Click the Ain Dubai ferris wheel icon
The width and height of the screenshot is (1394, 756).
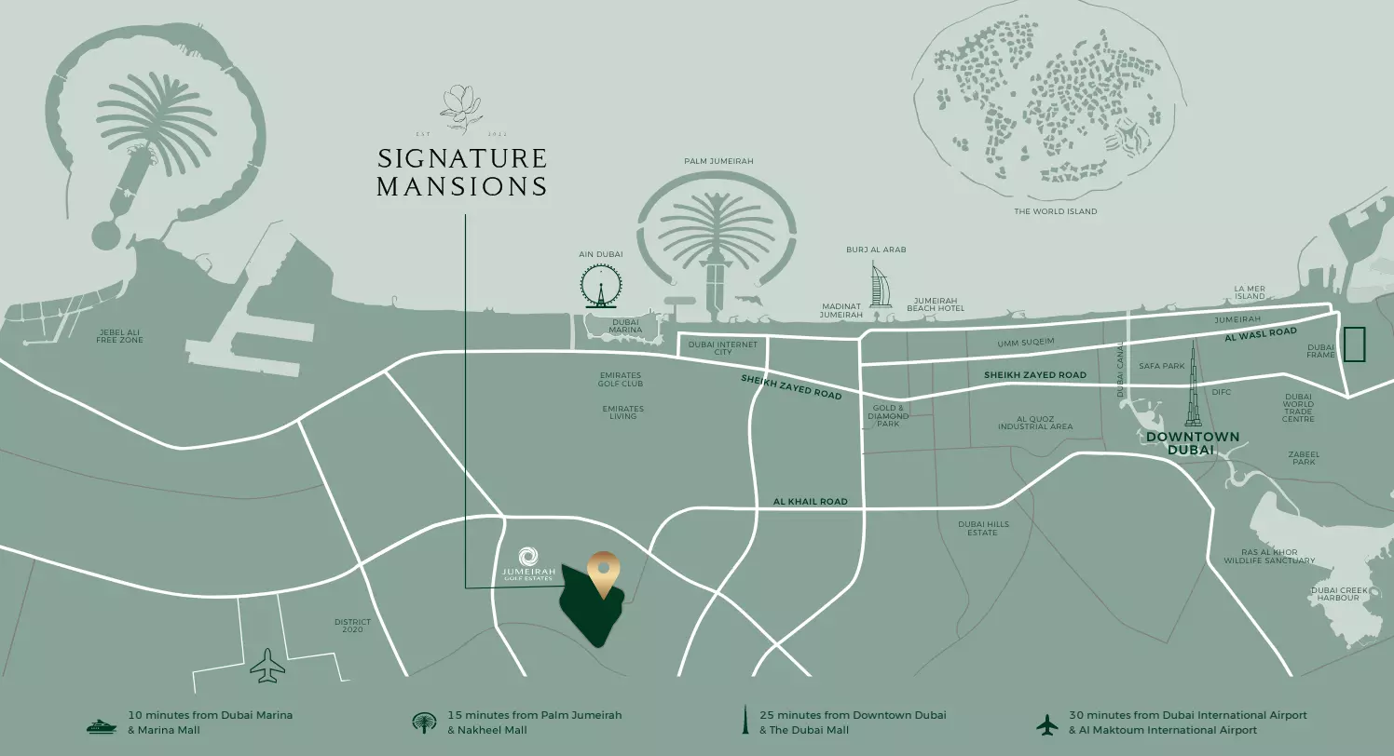pyautogui.click(x=601, y=285)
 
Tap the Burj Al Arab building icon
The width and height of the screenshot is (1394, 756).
pyautogui.click(x=881, y=285)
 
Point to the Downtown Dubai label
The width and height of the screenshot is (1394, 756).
pyautogui.click(x=1193, y=443)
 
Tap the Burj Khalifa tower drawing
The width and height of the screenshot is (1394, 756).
pyautogui.click(x=1193, y=397)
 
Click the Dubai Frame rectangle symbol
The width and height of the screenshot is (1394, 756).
pyautogui.click(x=1353, y=344)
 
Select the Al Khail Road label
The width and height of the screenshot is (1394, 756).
pyautogui.click(x=810, y=502)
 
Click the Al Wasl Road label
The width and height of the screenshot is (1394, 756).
pyautogui.click(x=1260, y=332)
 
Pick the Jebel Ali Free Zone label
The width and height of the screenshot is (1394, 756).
pyautogui.click(x=119, y=336)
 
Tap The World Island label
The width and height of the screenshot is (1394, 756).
pyautogui.click(x=1055, y=211)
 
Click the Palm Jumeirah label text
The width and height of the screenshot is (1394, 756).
pyautogui.click(x=718, y=161)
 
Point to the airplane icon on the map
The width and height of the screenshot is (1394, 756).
pyautogui.click(x=268, y=666)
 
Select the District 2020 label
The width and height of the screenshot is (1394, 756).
pyautogui.click(x=352, y=626)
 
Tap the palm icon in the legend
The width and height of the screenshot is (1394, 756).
pyautogui.click(x=424, y=723)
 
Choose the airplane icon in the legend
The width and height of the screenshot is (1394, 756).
pyautogui.click(x=1047, y=723)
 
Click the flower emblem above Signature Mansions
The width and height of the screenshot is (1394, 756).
pyautogui.click(x=460, y=106)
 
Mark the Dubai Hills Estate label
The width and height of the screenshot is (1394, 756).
pyautogui.click(x=983, y=528)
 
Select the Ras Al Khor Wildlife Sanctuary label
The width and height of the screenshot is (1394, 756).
pyautogui.click(x=1269, y=557)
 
